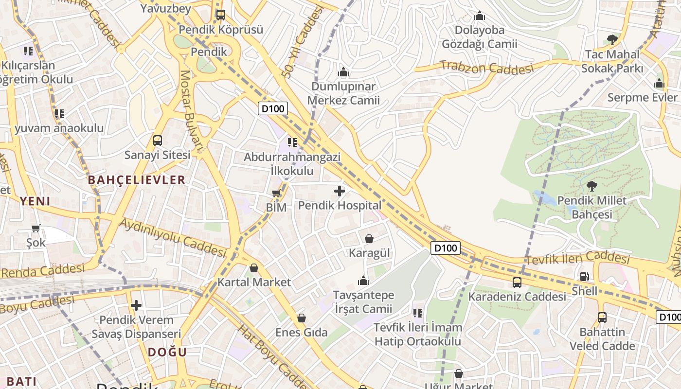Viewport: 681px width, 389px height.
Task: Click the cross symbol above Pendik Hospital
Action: point(340,191)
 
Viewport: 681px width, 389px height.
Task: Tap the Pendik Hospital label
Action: point(340,205)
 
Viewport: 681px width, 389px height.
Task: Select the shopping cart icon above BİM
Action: point(276,194)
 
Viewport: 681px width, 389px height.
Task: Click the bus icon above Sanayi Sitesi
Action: point(157,141)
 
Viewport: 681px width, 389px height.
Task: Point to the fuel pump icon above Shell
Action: point(584,277)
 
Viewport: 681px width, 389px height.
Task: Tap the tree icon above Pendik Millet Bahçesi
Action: point(591,186)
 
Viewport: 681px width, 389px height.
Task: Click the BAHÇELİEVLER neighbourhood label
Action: point(137,180)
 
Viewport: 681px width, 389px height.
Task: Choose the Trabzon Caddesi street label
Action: point(487,67)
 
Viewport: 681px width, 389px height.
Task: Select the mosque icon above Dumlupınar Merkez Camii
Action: point(343,72)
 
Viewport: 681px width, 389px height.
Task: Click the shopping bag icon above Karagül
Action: point(369,239)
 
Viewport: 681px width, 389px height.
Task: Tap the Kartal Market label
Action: point(254,282)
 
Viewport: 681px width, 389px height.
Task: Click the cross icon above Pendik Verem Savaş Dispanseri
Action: point(136,305)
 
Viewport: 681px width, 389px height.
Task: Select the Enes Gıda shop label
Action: point(301,333)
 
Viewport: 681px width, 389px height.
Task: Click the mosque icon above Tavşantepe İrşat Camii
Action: point(363,281)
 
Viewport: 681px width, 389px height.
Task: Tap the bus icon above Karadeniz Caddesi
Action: point(517,282)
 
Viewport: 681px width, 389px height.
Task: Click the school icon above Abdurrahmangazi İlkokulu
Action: point(292,142)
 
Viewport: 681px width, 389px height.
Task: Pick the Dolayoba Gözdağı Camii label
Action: point(479,37)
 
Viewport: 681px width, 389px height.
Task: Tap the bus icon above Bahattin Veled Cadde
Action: point(602,318)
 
